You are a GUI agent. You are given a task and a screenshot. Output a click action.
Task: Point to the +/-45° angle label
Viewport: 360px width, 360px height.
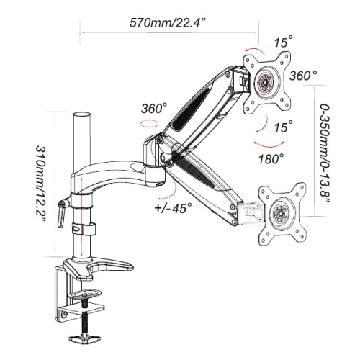(x=173, y=210)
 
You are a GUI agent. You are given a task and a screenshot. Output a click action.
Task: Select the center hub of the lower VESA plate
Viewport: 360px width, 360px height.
(x=277, y=211)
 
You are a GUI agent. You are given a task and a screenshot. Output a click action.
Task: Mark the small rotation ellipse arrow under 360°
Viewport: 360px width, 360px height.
(x=151, y=124)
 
